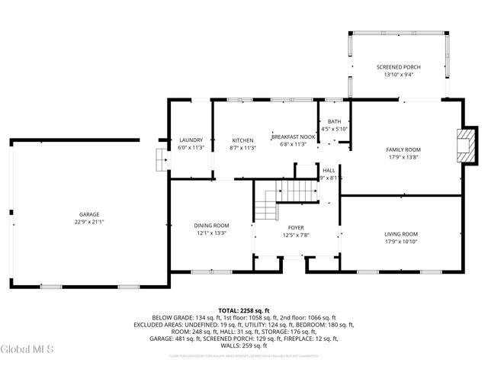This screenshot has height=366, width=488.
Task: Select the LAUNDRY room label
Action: click(191, 140)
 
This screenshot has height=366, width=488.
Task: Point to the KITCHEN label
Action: click(242, 140)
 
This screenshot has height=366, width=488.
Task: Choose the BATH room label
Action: click(334, 122)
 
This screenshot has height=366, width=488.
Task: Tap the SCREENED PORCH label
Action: click(398, 67)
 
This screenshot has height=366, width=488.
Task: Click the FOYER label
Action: click(295, 227)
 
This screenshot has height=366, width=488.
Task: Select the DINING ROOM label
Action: click(211, 226)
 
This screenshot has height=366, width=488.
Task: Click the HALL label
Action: click(329, 170)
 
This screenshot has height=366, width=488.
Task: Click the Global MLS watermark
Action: click(27, 350)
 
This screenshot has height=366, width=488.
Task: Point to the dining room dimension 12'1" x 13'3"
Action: click(211, 233)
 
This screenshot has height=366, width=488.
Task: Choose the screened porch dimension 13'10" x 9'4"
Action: click(398, 75)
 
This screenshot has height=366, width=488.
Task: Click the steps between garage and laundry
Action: click(159, 159)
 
